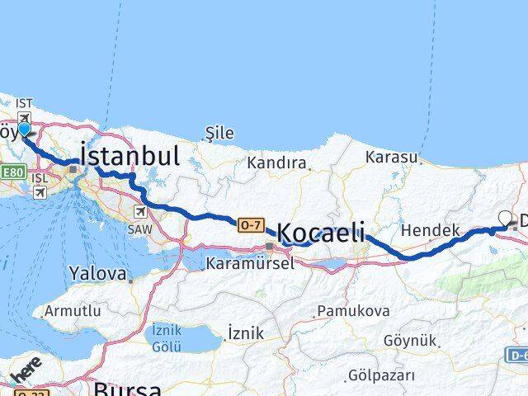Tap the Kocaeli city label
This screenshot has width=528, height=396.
[x=322, y=232]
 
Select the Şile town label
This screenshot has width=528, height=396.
[x=219, y=133]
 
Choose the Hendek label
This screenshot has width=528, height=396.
[x=431, y=230]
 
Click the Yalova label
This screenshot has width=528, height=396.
[x=98, y=273]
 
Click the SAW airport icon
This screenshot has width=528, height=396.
[x=139, y=212]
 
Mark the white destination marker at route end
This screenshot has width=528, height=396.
[x=506, y=219]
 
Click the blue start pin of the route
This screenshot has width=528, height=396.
[x=24, y=129]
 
